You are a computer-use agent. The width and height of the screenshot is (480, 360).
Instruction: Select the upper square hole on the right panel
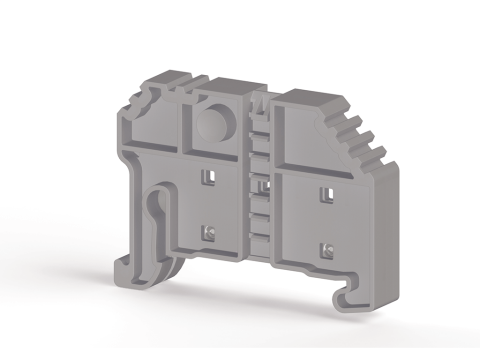tap(324, 191)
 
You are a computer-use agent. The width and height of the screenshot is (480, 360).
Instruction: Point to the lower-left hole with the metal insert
tap(207, 233)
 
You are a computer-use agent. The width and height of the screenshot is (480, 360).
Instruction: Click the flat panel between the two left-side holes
tap(208, 205)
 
